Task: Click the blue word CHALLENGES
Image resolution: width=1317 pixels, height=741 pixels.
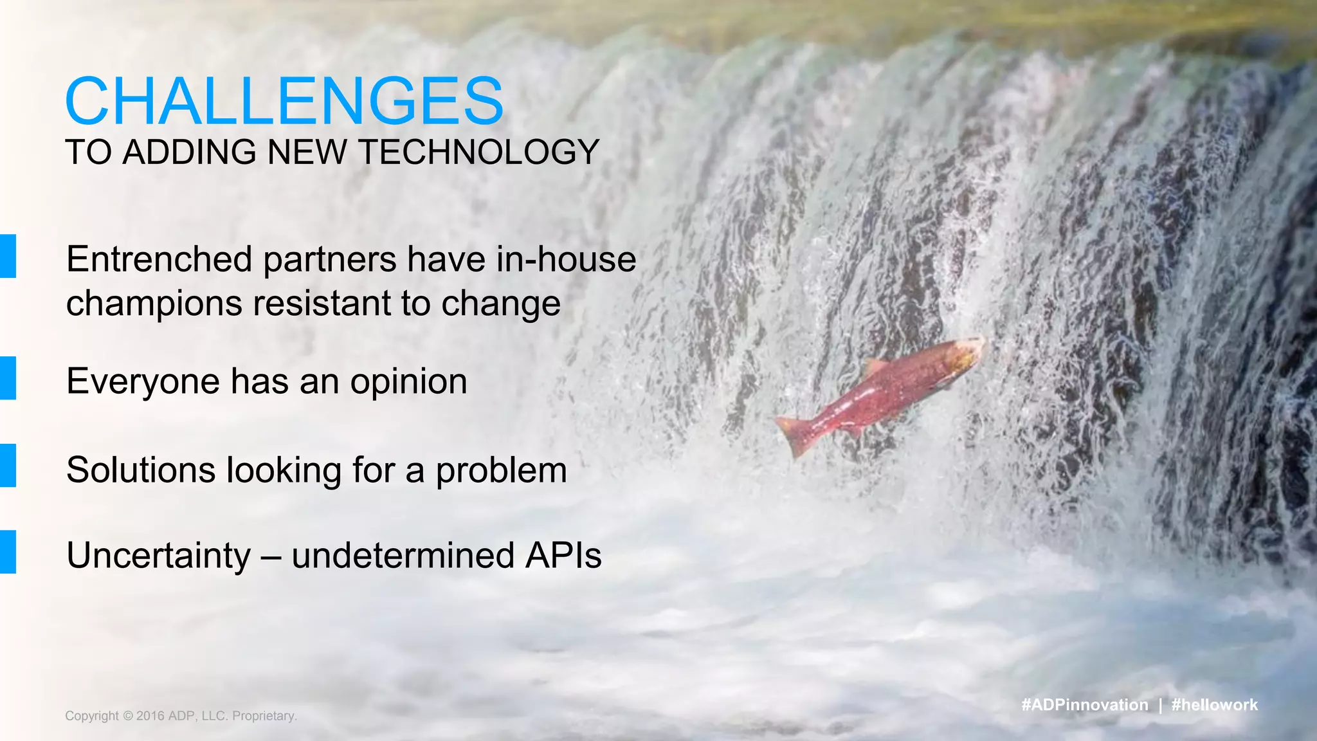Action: tap(284, 102)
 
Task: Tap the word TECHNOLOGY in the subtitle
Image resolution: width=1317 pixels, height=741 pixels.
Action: tap(479, 152)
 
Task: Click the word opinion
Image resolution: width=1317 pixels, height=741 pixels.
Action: tap(408, 381)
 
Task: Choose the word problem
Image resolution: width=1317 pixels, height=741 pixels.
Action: tap(502, 471)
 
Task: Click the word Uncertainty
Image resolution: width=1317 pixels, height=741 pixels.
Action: tap(158, 556)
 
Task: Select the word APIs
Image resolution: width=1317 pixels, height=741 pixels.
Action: tap(563, 555)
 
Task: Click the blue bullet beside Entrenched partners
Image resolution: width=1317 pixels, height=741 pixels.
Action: tap(8, 256)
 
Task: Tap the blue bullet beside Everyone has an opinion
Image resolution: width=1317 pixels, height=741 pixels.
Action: tap(8, 378)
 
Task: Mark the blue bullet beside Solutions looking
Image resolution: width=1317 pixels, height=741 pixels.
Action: tap(8, 465)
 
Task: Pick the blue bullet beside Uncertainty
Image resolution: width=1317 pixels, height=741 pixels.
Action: tap(8, 551)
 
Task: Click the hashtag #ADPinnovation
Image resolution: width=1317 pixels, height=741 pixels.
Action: tap(1084, 705)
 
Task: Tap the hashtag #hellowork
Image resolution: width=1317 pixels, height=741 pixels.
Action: tap(1214, 705)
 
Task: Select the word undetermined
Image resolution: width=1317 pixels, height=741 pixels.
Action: tap(403, 556)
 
